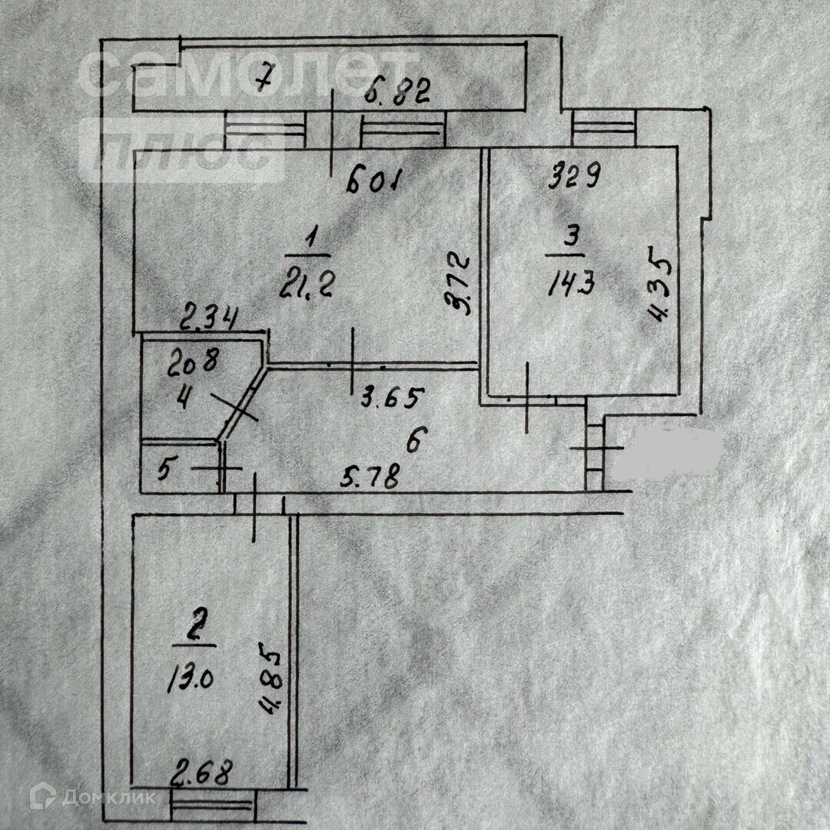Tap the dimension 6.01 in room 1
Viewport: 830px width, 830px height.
[374, 183]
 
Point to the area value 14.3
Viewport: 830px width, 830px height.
[571, 284]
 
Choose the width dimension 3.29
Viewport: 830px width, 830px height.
[573, 178]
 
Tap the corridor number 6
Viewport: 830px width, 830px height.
[413, 441]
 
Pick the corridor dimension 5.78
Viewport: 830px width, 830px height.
[370, 478]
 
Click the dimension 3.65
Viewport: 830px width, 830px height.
[392, 398]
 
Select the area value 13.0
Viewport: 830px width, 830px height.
[188, 678]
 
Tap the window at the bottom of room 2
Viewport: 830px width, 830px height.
[212, 808]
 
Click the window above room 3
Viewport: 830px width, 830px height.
[604, 128]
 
